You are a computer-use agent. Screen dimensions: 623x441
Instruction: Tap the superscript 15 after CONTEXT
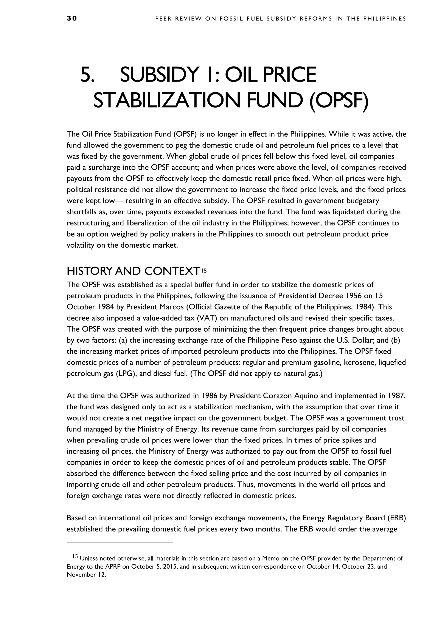pos(204,270)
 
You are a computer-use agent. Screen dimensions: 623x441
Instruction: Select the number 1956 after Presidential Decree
pos(356,296)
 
